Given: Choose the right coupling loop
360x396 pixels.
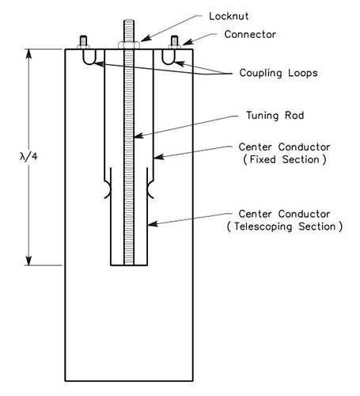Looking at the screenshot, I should click(x=171, y=58).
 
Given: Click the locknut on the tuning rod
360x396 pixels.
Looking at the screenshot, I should click(x=131, y=45).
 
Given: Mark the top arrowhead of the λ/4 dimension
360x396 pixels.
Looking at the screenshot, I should click(x=30, y=52).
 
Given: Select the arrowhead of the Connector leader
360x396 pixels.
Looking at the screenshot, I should click(x=184, y=44).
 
